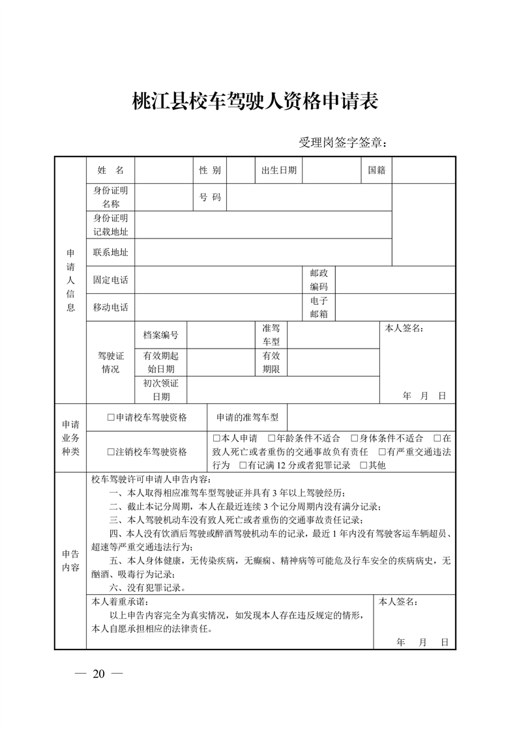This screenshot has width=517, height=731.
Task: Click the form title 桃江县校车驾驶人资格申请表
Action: click(256, 102)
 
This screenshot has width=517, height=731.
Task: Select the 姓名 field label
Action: click(110, 170)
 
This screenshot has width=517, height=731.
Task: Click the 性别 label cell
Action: click(210, 170)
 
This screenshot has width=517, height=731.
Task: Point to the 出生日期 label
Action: click(278, 170)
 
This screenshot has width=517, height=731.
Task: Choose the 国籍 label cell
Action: click(376, 170)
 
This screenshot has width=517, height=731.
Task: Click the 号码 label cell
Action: click(210, 197)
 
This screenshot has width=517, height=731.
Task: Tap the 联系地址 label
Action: click(110, 252)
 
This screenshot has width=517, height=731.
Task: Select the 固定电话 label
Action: click(110, 280)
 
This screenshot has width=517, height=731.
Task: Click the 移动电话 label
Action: click(110, 308)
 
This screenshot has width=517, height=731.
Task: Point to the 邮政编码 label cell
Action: click(319, 280)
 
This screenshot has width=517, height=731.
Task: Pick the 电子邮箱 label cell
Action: click(319, 308)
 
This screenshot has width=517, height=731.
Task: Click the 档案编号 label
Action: click(160, 335)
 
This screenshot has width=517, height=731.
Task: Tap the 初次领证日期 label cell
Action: click(160, 390)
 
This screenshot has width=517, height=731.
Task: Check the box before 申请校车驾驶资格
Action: click(111, 418)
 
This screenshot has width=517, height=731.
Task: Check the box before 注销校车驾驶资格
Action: click(111, 451)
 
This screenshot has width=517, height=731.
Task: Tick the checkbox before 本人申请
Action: click(216, 438)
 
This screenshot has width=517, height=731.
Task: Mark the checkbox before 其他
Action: click(364, 465)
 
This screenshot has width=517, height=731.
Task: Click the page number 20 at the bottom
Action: click(98, 673)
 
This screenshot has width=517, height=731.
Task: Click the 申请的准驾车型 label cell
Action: click(247, 418)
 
